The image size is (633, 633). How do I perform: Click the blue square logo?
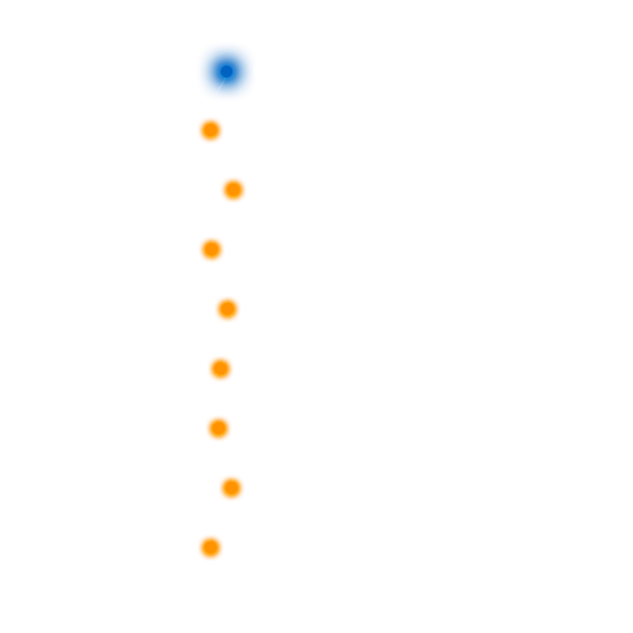pos(227,72)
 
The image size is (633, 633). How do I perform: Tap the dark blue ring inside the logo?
pos(226,72)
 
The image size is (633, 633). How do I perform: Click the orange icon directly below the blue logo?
pos(211,131)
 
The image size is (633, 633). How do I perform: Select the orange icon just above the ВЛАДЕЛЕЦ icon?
pos(234,191)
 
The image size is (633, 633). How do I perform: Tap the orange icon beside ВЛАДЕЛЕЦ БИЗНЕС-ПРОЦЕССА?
pos(212,249)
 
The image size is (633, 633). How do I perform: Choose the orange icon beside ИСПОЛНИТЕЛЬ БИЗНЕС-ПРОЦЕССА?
pos(228,309)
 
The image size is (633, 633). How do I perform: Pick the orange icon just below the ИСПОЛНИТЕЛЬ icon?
pos(221,369)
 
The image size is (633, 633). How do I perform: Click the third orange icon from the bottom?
pos(219,428)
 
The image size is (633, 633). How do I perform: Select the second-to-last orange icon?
pos(232,488)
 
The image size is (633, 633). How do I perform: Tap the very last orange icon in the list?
pos(211,548)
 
